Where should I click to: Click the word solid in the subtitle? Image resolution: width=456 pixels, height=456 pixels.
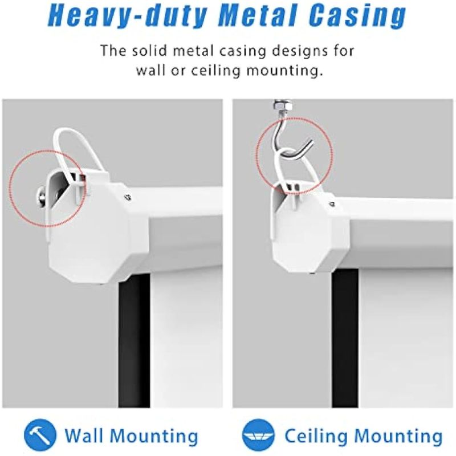pos(150,51)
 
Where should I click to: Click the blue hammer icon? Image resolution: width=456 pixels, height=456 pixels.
pos(40,435)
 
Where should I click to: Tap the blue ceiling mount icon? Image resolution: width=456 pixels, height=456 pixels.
pos(258,435)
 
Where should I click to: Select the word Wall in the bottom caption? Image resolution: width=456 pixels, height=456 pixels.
pos(84,435)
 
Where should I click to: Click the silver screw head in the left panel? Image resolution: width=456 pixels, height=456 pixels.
pos(41,197)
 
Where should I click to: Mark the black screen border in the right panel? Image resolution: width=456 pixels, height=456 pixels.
pos(345,338)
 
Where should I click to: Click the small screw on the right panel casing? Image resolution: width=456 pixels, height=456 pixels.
pos(332,204)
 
